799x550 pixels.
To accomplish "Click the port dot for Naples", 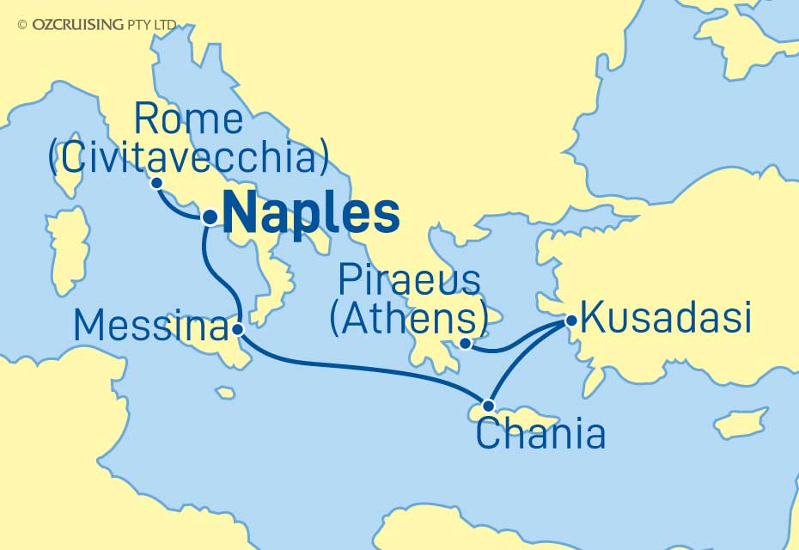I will click(208, 217).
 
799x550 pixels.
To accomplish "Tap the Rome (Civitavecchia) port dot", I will click(156, 182).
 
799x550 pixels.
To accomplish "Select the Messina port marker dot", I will click(238, 328).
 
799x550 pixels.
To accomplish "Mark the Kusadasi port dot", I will click(569, 321).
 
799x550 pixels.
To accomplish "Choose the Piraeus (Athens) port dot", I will click(465, 345).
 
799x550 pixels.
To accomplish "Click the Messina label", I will click(151, 326).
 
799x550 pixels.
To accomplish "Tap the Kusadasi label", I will click(666, 318).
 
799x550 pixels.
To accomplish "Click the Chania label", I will click(540, 435).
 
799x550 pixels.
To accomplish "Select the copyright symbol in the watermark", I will click(22, 25).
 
